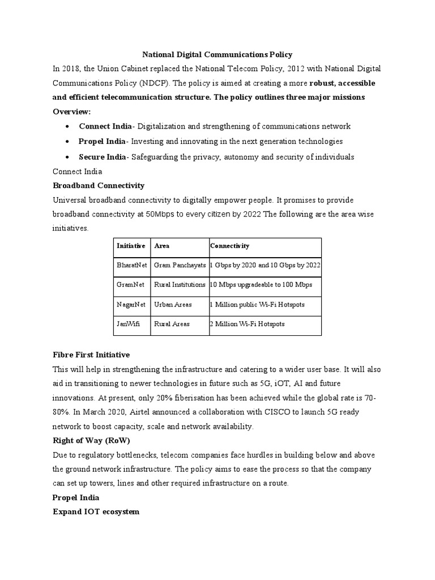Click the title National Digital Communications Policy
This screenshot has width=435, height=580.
coord(217,55)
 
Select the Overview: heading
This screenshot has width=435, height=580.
coord(71,112)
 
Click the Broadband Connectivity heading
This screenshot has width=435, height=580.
coord(99,185)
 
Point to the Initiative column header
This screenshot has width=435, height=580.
coord(131,246)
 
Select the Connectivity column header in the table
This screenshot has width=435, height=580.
coord(229,246)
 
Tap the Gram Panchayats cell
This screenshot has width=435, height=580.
coord(180,265)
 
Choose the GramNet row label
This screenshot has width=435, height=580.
coord(130,284)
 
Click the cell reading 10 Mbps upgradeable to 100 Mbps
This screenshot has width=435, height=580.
coord(261,284)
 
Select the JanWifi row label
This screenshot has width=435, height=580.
coord(128,324)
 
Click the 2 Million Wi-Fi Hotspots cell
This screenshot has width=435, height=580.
coord(247,324)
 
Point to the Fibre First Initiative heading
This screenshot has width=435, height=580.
coord(91,355)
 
